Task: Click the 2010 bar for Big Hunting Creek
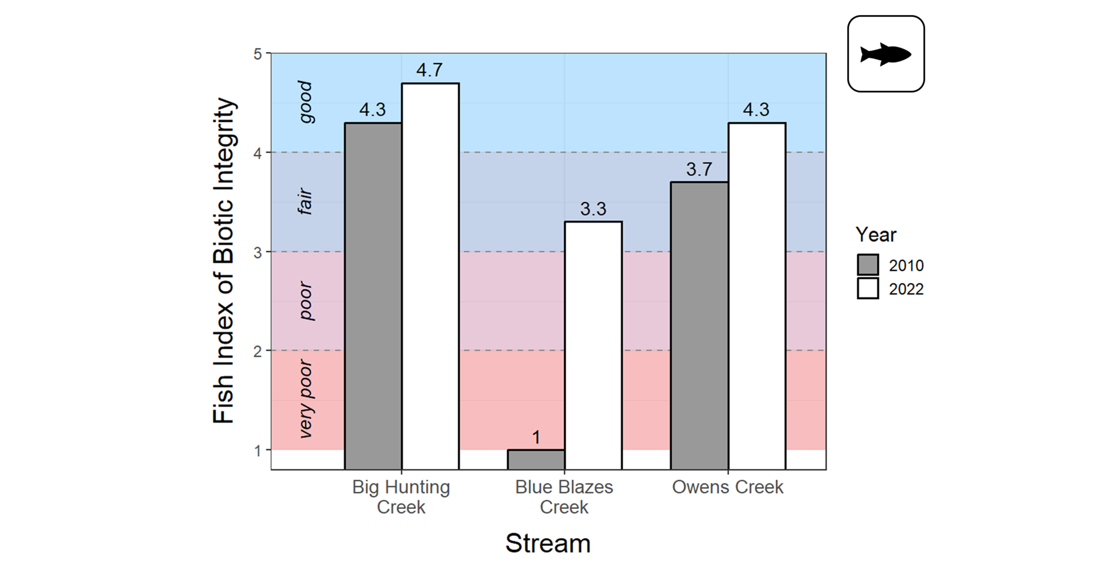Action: click(373, 296)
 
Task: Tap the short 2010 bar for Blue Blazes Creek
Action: click(536, 459)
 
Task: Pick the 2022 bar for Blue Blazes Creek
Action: click(593, 346)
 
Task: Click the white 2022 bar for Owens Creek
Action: click(757, 296)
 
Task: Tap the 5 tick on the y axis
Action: click(258, 54)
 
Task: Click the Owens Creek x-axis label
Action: click(727, 487)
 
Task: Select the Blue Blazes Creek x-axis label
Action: click(564, 497)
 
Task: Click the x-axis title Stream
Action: click(548, 543)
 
